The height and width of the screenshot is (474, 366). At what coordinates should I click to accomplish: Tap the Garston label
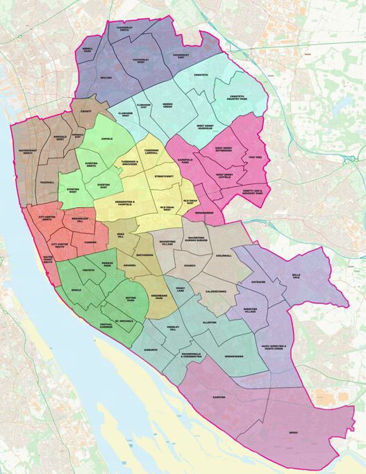tap(218, 397)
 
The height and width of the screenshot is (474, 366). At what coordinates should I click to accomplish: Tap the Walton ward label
tap(106, 78)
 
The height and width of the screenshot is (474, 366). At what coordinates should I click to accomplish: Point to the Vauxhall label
tap(47, 181)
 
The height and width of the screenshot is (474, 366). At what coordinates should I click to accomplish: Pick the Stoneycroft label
tap(165, 177)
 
